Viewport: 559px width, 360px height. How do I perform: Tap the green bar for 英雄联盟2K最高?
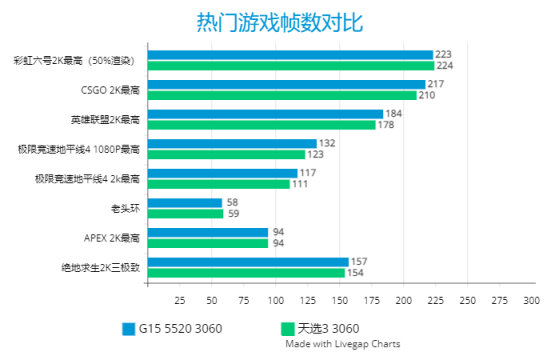click(261, 125)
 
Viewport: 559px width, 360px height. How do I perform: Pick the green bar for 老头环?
click(184, 213)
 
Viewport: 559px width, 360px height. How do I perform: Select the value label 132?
click(326, 143)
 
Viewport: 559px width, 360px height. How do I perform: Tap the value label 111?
click(299, 184)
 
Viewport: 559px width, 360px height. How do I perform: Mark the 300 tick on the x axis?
click(531, 300)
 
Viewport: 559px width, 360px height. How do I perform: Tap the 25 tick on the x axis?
click(180, 300)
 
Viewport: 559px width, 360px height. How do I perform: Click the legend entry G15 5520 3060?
click(171, 328)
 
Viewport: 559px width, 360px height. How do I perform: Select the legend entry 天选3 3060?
click(319, 328)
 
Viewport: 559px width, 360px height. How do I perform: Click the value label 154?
click(354, 272)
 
